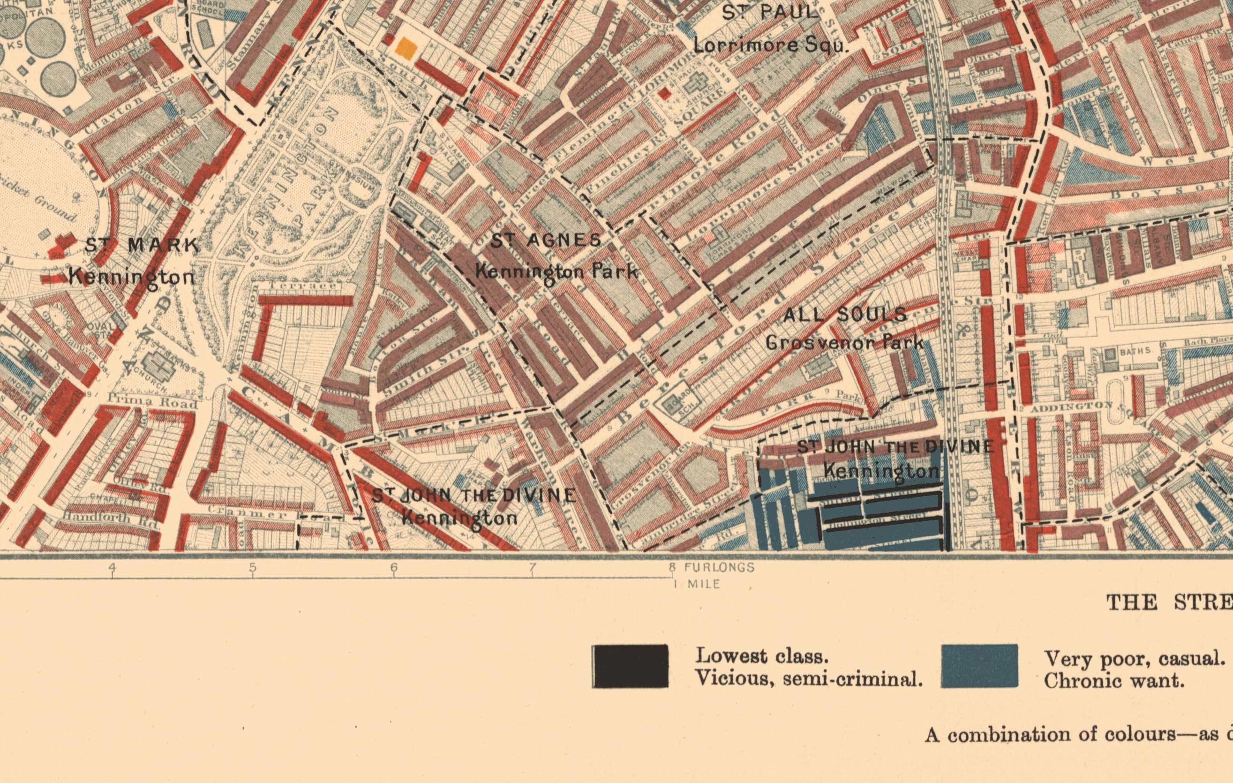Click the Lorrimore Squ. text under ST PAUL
771,45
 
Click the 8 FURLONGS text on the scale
712,567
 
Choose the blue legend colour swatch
979,666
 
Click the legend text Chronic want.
1114,681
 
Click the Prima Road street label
152,402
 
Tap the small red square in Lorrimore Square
664,94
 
